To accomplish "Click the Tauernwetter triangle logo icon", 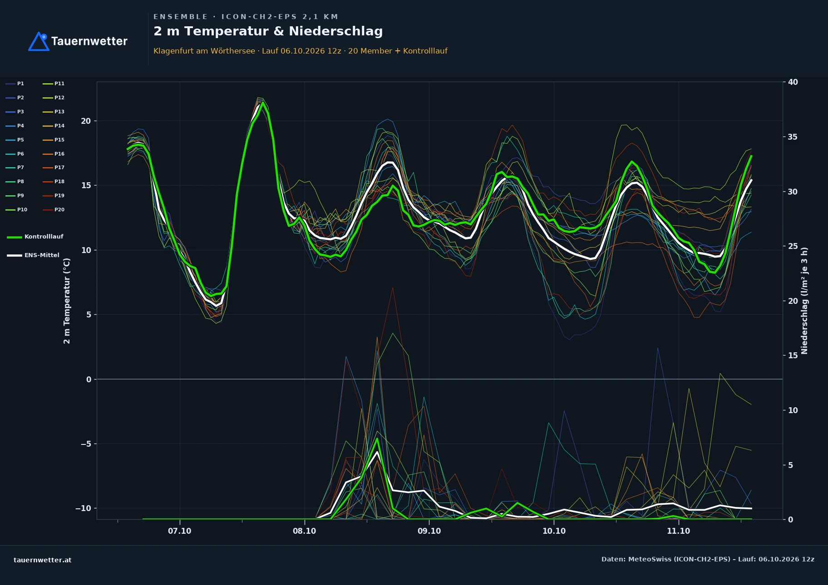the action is pyautogui.click(x=39, y=42).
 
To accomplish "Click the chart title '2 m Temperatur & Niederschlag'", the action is pyautogui.click(x=268, y=31).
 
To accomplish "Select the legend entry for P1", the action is pyautogui.click(x=15, y=83).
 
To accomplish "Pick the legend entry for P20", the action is pyautogui.click(x=54, y=210).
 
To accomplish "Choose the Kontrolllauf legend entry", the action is pyautogui.click(x=35, y=237).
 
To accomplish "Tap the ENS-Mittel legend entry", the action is pyautogui.click(x=33, y=255).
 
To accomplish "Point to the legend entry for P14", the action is pyautogui.click(x=54, y=126).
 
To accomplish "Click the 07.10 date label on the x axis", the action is pyautogui.click(x=180, y=531).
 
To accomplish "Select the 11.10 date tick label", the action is pyautogui.click(x=678, y=531).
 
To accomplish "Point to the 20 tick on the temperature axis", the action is pyautogui.click(x=86, y=121).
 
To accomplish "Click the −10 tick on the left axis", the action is pyautogui.click(x=83, y=508).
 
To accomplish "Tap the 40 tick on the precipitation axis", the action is pyautogui.click(x=793, y=82).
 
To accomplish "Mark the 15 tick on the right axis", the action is pyautogui.click(x=793, y=356).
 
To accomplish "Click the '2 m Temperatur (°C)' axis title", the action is pyautogui.click(x=67, y=301).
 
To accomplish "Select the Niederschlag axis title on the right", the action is pyautogui.click(x=804, y=301).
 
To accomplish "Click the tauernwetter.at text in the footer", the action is pyautogui.click(x=43, y=560).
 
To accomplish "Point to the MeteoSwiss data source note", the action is pyautogui.click(x=708, y=559).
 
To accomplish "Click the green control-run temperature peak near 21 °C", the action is pyautogui.click(x=263, y=102).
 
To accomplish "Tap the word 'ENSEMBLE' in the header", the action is pyautogui.click(x=180, y=17).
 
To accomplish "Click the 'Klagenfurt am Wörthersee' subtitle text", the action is pyautogui.click(x=204, y=51).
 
